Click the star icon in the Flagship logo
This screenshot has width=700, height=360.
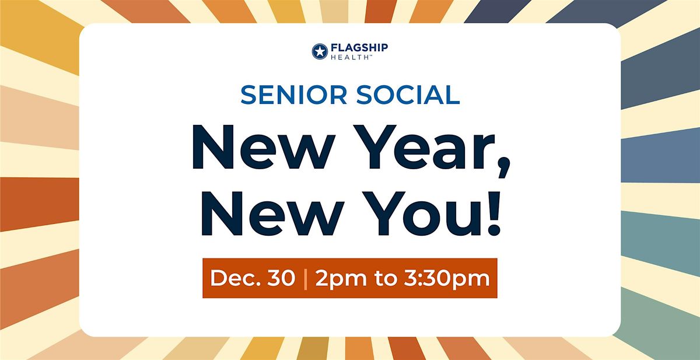point(320,51)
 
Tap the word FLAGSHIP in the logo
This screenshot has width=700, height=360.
point(359,47)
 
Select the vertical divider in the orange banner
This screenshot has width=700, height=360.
point(305,278)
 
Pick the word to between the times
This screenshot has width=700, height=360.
point(384,279)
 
